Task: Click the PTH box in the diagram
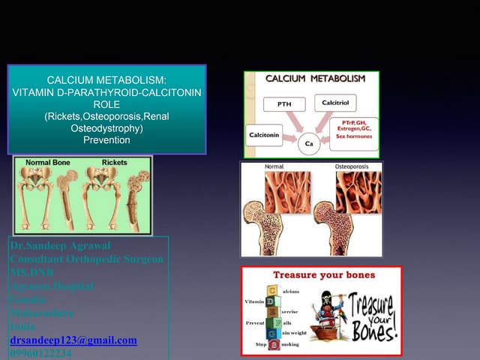[x=284, y=104]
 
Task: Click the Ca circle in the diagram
[x=308, y=143]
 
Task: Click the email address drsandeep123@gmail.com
[x=73, y=340]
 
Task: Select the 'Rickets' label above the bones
[x=114, y=162]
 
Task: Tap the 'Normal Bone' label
[x=48, y=162]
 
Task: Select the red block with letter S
[x=274, y=344]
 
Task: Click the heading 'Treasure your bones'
[x=324, y=274]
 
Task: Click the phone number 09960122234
[x=41, y=353]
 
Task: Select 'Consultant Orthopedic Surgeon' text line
[x=86, y=259]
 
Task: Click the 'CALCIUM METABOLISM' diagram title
[x=315, y=78]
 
